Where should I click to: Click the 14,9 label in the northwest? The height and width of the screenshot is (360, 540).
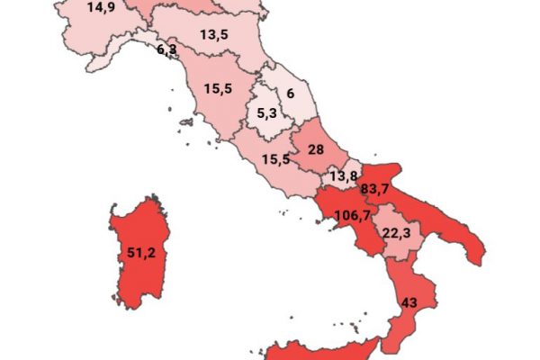101,8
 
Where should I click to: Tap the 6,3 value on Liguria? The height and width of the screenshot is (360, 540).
166,49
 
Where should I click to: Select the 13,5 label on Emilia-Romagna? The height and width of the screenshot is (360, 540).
213,36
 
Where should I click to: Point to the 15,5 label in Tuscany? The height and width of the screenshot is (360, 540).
219,91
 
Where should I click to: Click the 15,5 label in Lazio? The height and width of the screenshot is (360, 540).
276,158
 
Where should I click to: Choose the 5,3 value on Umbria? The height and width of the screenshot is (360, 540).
268,114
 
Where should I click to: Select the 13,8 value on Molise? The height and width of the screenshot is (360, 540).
343,176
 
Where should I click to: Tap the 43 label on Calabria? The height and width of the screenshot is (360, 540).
409,301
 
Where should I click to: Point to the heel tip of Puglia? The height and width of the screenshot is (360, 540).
478,262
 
